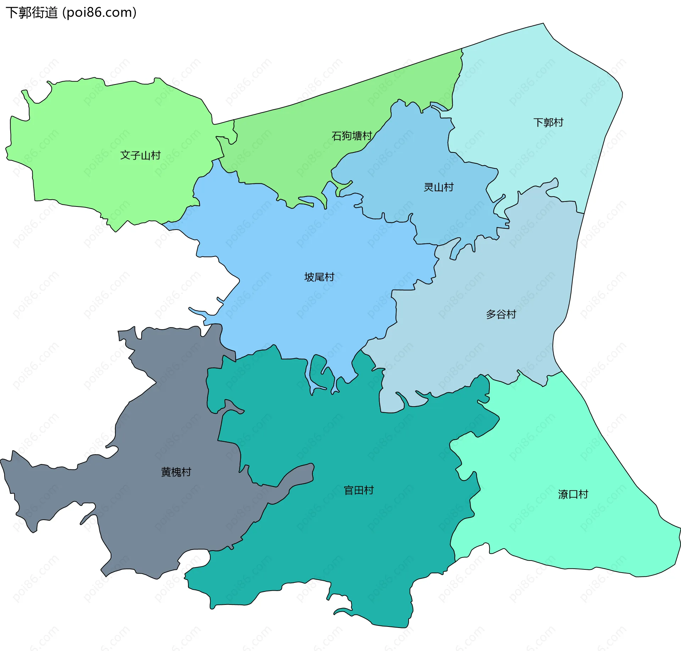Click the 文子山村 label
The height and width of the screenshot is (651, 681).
click(140, 155)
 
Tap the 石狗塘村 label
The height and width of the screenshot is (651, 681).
click(351, 136)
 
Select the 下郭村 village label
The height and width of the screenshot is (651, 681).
click(548, 122)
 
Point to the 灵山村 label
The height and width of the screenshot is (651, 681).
click(439, 187)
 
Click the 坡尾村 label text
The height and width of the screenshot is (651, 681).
click(319, 277)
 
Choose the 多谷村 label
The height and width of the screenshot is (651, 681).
click(501, 314)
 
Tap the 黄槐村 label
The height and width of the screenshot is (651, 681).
click(176, 472)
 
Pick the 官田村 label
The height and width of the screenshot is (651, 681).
click(359, 490)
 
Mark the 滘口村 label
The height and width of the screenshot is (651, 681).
click(573, 494)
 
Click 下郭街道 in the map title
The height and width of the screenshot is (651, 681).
click(32, 13)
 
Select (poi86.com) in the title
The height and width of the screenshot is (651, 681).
click(99, 13)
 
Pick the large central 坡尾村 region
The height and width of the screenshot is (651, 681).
click(301, 312)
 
